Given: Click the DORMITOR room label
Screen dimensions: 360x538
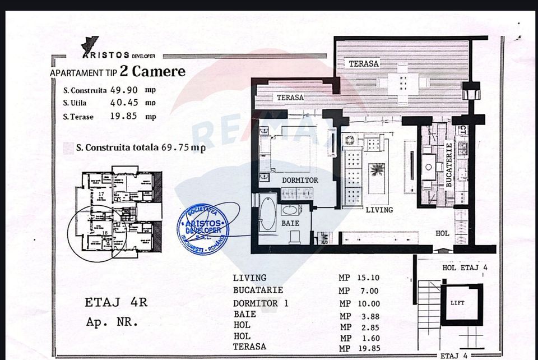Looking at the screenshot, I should pyautogui.click(x=300, y=181).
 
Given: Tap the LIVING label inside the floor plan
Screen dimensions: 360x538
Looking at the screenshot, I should pyautogui.click(x=379, y=210).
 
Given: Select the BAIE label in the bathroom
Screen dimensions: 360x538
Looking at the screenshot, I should pyautogui.click(x=290, y=223).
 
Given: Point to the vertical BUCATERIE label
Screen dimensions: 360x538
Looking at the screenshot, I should pyautogui.click(x=448, y=165).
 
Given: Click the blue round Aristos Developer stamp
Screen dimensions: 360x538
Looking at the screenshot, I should pyautogui.click(x=203, y=228).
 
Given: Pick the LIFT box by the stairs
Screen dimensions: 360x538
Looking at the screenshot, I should pyautogui.click(x=457, y=303).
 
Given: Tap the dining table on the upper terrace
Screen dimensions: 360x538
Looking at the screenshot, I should pyautogui.click(x=403, y=83).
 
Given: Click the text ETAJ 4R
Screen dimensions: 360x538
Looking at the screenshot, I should pyautogui.click(x=116, y=303).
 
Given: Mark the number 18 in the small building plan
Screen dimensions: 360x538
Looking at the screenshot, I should pyautogui.click(x=105, y=232).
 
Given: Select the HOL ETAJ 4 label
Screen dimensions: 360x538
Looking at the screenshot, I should pyautogui.click(x=465, y=268).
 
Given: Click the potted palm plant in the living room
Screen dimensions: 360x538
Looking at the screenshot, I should pyautogui.click(x=377, y=169).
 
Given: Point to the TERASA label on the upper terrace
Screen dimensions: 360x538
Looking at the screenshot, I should pyautogui.click(x=364, y=63).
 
